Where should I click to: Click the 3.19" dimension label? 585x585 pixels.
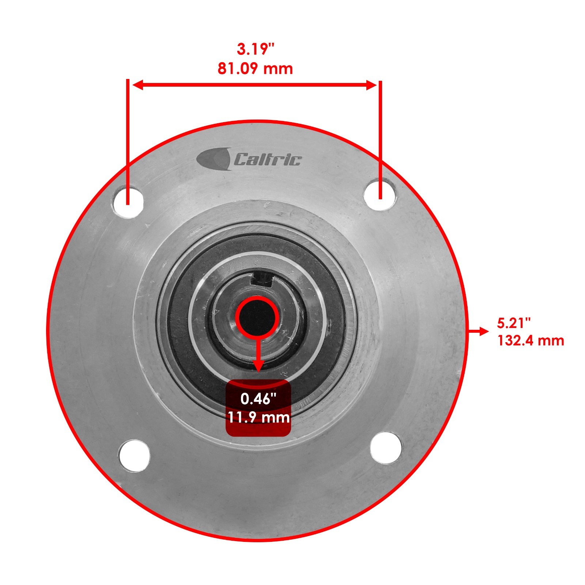pos(255,49)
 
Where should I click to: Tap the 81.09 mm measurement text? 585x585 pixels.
pos(255,69)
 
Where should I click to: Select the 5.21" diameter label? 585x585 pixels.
pos(514,323)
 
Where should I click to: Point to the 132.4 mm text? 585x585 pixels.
pos(531,341)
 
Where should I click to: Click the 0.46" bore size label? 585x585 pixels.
pos(258,399)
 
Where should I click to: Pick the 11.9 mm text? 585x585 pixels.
pos(258,417)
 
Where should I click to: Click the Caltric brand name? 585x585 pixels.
pos(268,160)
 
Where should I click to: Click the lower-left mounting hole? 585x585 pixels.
pos(134,455)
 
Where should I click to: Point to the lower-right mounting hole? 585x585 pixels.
pos(386,448)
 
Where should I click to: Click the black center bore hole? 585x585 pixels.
pos(257,317)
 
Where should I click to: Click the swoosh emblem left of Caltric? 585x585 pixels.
pos(214,159)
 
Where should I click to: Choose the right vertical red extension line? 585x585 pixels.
pos(380,139)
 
